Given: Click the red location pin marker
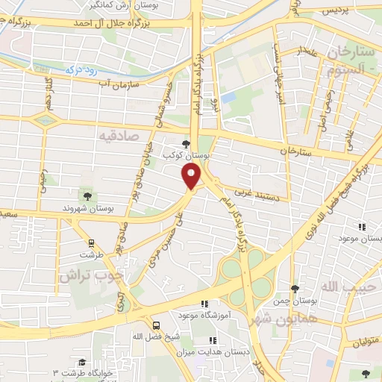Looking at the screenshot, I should [x=192, y=177].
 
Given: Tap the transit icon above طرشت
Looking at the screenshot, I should [x=91, y=242].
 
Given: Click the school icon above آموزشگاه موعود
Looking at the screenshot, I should [x=204, y=304].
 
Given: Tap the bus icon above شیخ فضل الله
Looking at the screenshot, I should [x=157, y=325].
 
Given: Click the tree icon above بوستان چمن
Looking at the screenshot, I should [x=295, y=288].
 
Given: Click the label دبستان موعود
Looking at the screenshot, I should [x=360, y=238].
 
